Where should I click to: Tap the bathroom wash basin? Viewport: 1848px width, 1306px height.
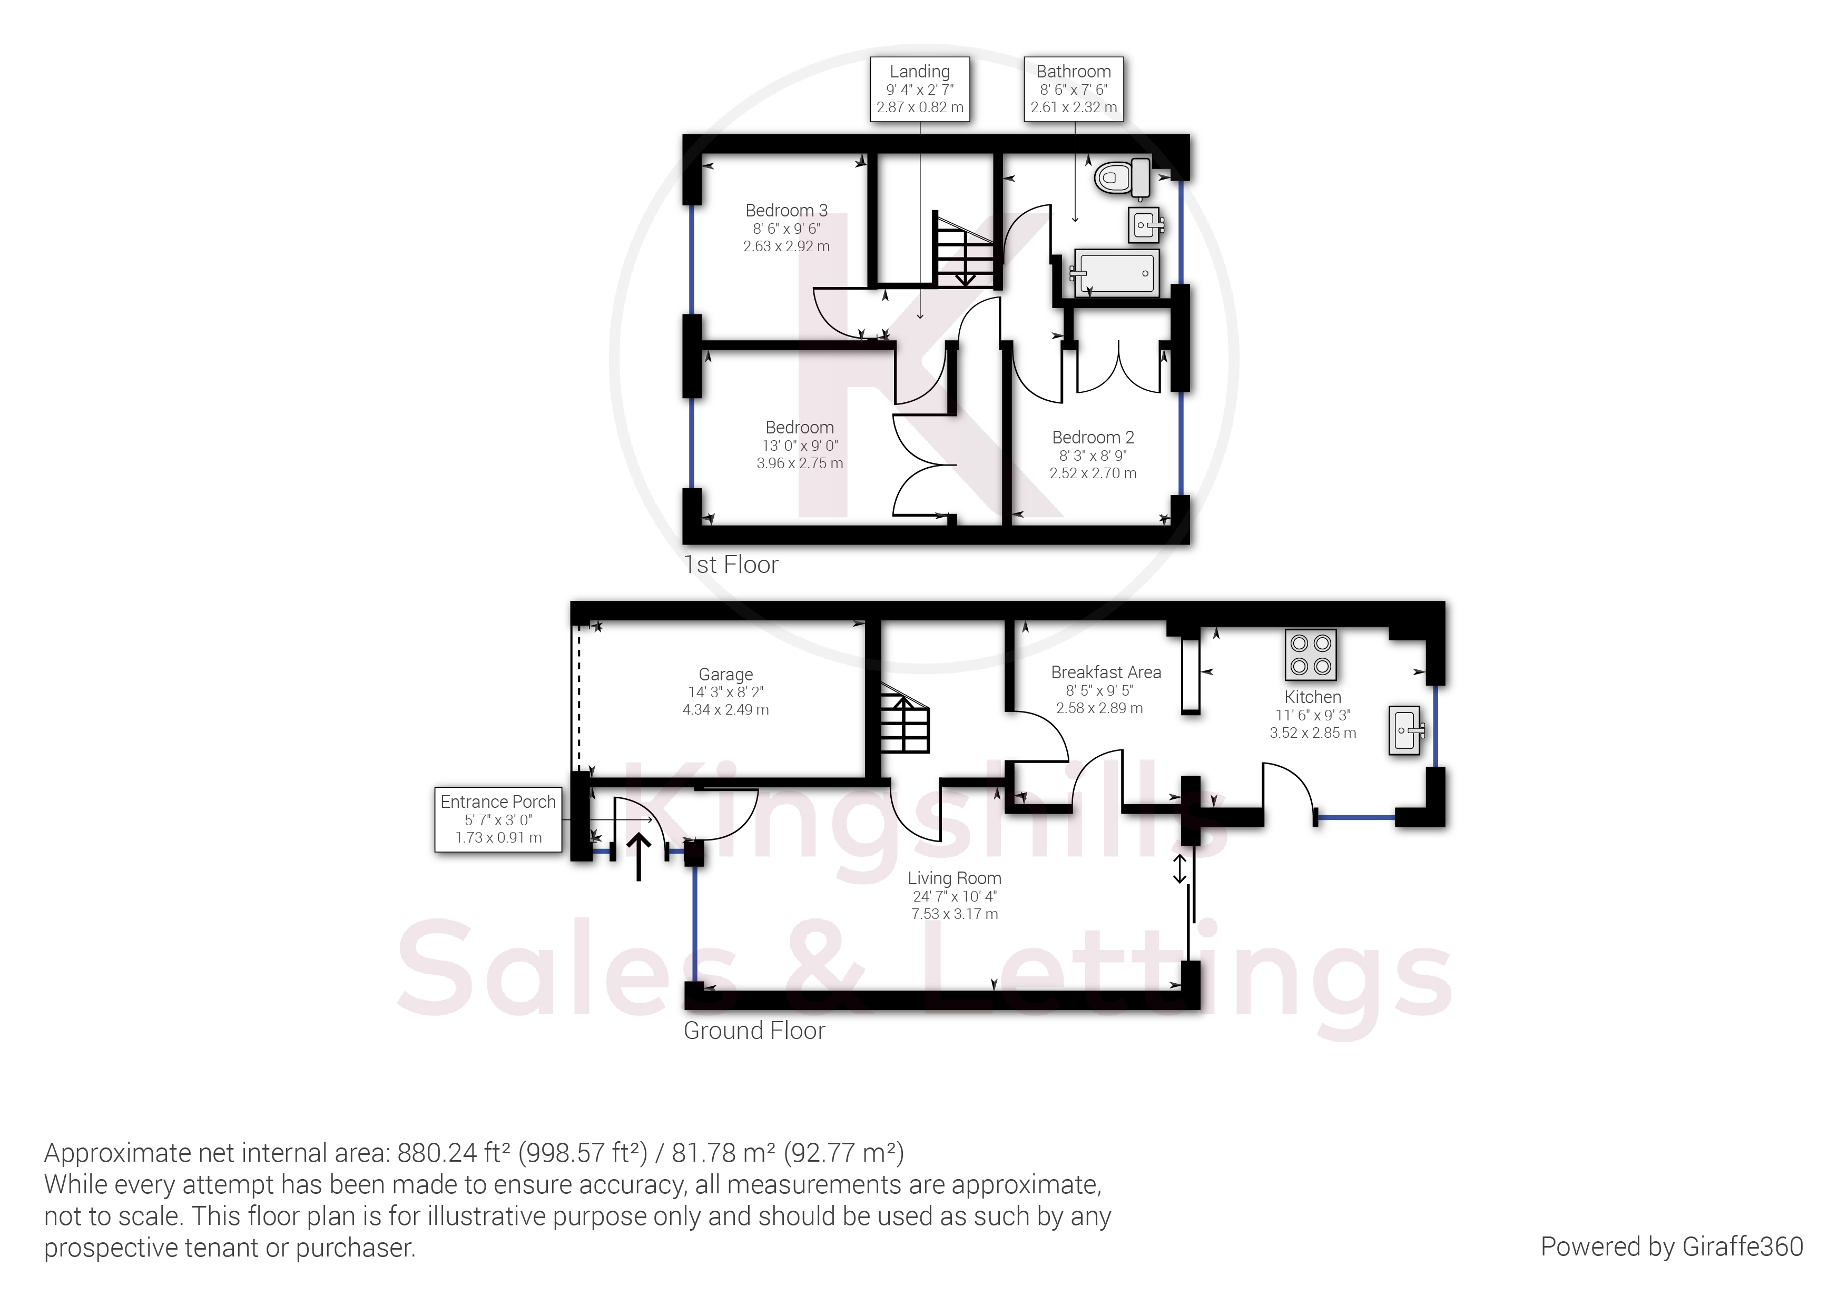coord(1147,224)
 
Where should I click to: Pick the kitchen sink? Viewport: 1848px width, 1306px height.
coord(1405,730)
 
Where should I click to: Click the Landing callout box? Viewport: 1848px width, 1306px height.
coord(919,90)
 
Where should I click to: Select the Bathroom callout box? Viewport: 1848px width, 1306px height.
coord(1073,90)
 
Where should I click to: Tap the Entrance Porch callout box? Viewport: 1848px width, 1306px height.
coord(498,819)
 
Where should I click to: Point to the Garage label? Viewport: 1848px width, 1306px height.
coord(725,674)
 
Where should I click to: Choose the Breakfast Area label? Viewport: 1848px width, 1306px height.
coord(1105,672)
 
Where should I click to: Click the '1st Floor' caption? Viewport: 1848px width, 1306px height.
coord(731,565)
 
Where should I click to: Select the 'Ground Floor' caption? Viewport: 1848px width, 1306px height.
coord(754,1031)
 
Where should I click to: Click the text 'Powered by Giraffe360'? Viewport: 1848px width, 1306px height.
coord(1671,1246)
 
